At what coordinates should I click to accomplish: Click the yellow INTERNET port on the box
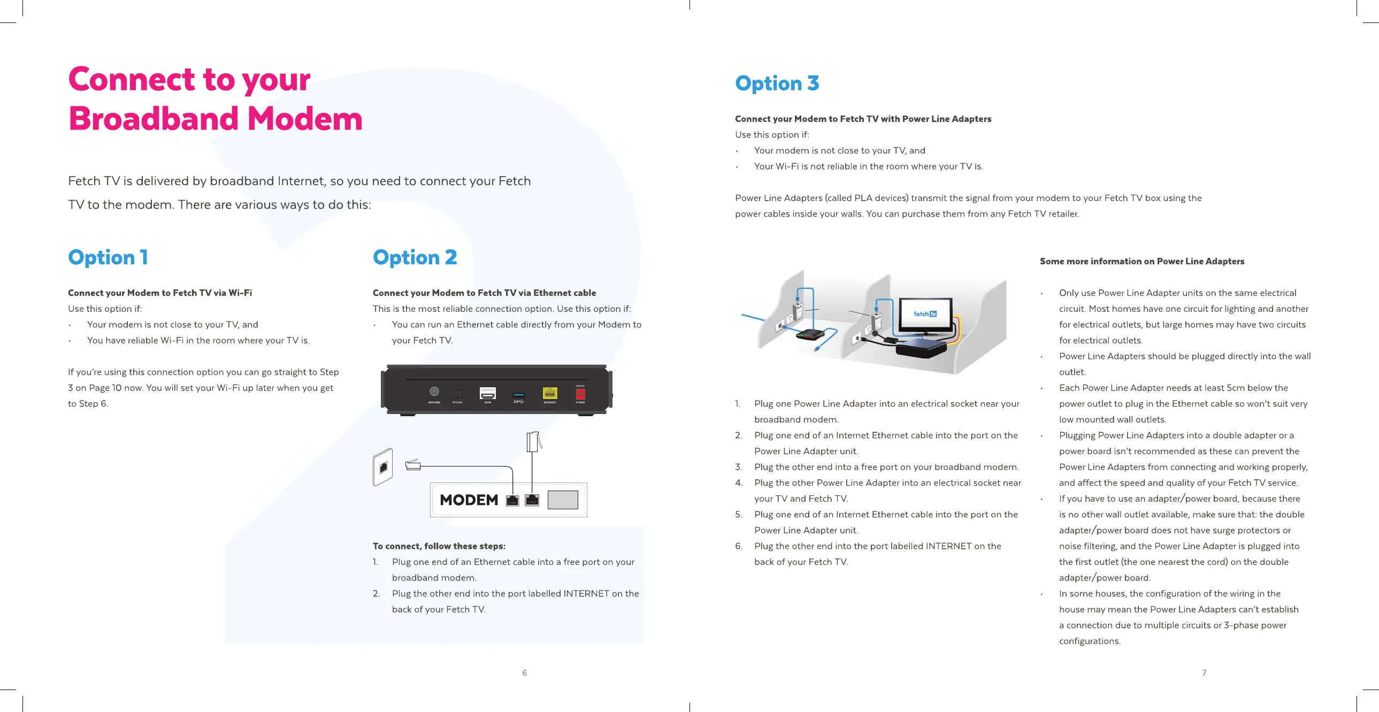coord(550,394)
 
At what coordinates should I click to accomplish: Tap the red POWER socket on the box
coord(580,395)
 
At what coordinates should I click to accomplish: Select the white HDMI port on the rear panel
coord(487,394)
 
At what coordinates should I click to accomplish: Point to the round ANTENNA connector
coord(434,392)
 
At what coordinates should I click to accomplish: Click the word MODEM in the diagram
coord(469,500)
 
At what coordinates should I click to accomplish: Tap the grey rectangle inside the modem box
coord(563,500)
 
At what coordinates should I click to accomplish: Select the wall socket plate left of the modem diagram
coord(383,467)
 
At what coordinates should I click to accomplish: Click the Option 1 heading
coord(108,257)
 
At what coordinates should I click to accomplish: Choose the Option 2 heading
coord(415,257)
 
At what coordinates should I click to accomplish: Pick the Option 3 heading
coord(777,83)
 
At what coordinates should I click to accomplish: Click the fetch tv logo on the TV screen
coord(924,314)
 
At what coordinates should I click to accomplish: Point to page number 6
coord(525,673)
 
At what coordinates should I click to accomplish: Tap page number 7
coord(1204,673)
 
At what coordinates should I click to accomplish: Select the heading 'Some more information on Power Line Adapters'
coord(1142,261)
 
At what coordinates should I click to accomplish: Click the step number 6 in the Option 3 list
coord(739,546)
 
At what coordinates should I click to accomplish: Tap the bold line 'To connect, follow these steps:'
coord(439,546)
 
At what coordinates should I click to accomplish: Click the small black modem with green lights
coord(809,335)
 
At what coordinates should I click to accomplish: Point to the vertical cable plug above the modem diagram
coord(533,442)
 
